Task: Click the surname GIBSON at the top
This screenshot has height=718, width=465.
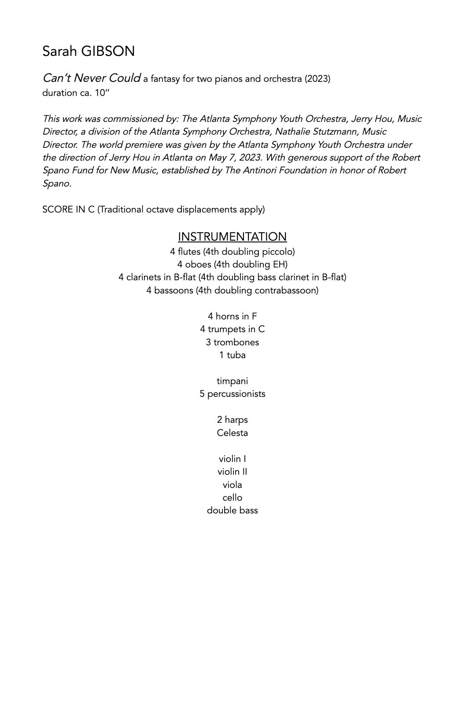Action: [108, 51]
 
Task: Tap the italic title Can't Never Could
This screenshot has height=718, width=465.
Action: [92, 78]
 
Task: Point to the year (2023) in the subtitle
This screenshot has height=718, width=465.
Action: [317, 79]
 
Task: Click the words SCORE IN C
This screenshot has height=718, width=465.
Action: [68, 209]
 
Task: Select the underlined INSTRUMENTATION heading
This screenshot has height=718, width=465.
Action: [232, 237]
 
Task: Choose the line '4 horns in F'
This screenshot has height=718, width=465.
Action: [232, 316]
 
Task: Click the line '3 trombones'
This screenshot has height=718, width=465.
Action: [232, 342]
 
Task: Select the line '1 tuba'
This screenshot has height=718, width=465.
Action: [232, 355]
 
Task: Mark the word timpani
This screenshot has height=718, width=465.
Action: [232, 381]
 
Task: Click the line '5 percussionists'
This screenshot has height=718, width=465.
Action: [232, 394]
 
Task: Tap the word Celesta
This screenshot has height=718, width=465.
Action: [232, 433]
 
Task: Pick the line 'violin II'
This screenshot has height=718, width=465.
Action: [232, 472]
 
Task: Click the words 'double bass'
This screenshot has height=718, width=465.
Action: [232, 510]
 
